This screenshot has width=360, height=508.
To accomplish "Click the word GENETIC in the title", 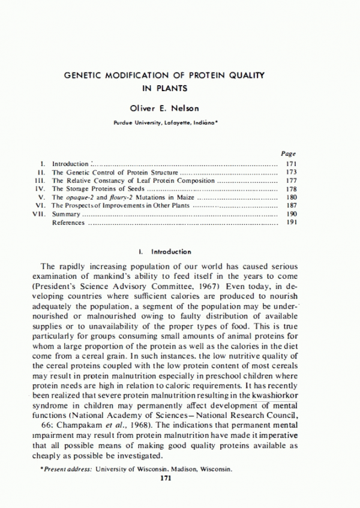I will [x=85, y=76].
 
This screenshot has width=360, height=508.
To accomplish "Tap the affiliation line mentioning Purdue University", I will [x=166, y=122].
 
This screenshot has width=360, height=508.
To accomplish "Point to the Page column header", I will [x=288, y=154].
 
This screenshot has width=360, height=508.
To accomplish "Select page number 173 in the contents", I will [x=292, y=172].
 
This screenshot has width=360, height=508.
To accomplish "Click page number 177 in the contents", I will [x=292, y=181].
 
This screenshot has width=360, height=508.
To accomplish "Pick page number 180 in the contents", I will [x=292, y=197].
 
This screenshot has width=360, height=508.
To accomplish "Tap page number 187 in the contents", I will [x=292, y=206].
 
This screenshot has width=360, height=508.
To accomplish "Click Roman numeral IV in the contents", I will [x=41, y=189].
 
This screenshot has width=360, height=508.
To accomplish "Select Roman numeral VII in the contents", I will [x=39, y=214].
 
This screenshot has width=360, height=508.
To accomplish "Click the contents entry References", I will [x=68, y=223].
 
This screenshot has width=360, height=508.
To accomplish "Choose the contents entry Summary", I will [x=65, y=214].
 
